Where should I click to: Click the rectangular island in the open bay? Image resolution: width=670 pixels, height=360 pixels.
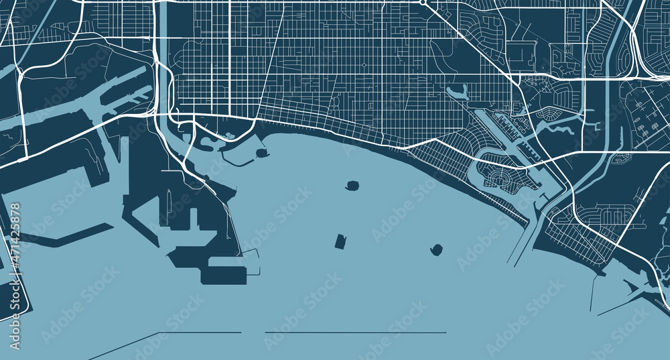point(340,241)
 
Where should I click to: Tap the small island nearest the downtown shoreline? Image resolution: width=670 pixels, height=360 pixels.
point(261,153)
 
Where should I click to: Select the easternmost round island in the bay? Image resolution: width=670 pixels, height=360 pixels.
point(437,250)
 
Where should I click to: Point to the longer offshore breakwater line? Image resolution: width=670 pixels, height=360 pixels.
point(355,332)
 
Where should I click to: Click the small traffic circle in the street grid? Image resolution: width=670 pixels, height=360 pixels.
point(364,65)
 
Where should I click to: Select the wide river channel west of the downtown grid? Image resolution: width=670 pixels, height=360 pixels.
point(163,54)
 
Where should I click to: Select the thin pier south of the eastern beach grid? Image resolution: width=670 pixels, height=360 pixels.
point(594,295)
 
